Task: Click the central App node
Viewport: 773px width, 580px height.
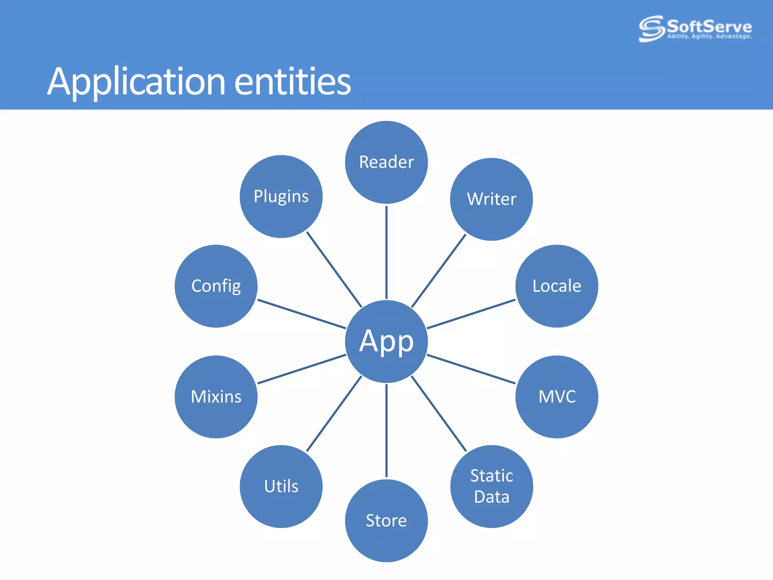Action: pos(386,341)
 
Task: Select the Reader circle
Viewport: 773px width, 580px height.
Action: pos(386,162)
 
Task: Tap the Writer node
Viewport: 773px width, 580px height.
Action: pos(491,199)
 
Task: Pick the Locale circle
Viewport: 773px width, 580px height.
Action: pos(557,286)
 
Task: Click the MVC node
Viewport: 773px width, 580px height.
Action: pos(557,397)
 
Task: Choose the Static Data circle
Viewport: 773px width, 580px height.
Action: pos(491,486)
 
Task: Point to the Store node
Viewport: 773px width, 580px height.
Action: pos(386,521)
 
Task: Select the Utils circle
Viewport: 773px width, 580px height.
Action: pos(281,486)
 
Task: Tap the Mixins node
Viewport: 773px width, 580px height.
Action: pos(216,397)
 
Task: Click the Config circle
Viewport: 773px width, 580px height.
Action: pos(216,286)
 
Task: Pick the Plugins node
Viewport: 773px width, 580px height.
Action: pos(281,196)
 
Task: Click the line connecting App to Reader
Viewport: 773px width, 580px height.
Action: pos(386,252)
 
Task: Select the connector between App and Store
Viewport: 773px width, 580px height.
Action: pos(386,430)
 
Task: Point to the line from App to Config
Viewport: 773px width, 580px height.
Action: pos(302,314)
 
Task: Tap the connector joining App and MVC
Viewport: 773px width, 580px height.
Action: pos(471,369)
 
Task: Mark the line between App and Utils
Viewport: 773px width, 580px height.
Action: pos(334,413)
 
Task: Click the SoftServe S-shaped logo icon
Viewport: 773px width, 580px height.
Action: pos(651,28)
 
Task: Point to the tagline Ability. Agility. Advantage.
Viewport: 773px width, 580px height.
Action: pos(710,37)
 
